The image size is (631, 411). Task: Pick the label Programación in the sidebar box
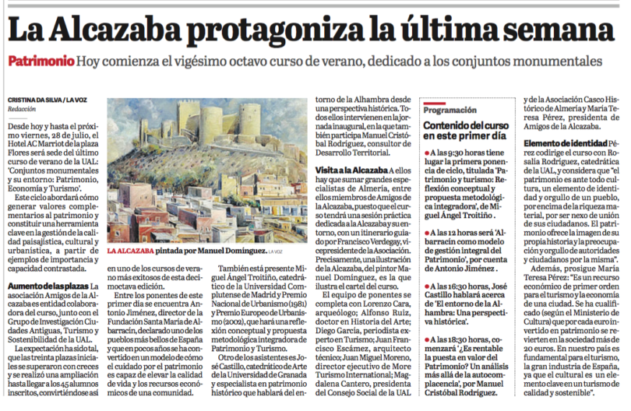pos(451,110)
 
